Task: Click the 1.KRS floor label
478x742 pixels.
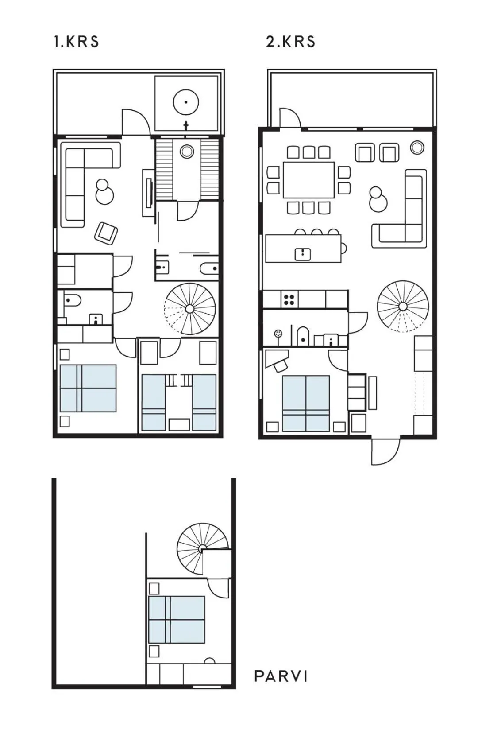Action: click(76, 42)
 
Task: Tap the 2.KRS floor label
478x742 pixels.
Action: click(290, 42)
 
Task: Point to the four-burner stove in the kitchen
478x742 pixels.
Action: click(289, 300)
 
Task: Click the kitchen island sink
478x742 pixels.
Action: click(302, 254)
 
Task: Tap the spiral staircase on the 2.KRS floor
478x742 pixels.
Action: click(403, 306)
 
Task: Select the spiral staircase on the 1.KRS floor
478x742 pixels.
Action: click(190, 308)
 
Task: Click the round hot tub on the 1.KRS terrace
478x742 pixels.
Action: click(186, 102)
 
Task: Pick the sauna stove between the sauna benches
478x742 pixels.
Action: click(186, 152)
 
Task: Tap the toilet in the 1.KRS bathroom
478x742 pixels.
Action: click(72, 301)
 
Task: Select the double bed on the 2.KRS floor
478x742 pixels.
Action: click(306, 403)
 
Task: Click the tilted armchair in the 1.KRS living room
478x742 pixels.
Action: click(107, 233)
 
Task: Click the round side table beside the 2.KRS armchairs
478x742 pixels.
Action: click(417, 148)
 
